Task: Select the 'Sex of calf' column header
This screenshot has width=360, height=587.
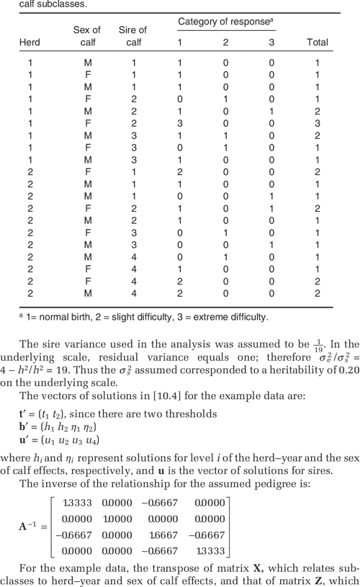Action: (87, 36)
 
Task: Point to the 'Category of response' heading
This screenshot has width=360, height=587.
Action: (225, 23)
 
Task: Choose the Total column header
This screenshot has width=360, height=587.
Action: (318, 42)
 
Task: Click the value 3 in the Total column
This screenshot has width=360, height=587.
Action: (318, 123)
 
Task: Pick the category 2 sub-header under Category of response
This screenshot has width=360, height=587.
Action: (225, 42)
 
